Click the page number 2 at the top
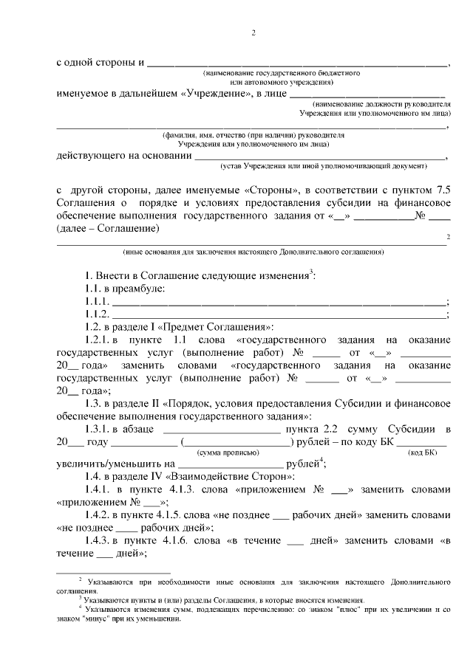click(253, 32)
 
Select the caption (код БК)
click(422, 451)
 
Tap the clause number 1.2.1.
click(98, 340)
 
